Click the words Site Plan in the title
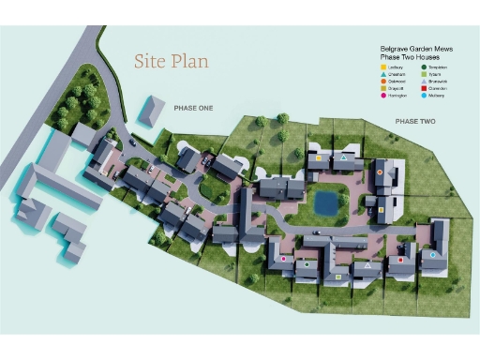(x=171, y=62)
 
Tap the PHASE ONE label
(x=193, y=109)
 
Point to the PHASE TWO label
(x=415, y=122)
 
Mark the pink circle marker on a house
(x=283, y=258)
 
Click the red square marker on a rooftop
(x=401, y=259)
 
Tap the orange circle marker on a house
(x=380, y=172)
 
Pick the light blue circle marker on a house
(x=432, y=253)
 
